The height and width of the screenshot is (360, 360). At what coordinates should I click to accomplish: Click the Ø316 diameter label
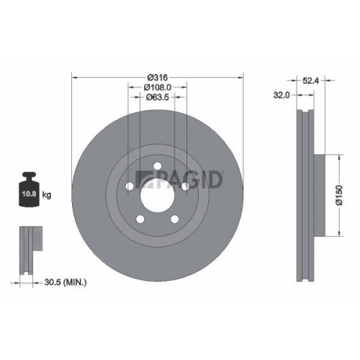coord(158,77)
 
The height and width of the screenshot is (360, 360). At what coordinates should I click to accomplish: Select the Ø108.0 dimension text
coord(158,87)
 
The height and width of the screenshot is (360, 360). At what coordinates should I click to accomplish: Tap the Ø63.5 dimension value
coord(158,97)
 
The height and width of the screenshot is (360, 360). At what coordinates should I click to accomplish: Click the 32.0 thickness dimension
coord(282,94)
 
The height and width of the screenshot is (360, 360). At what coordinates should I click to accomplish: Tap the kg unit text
coord(47,195)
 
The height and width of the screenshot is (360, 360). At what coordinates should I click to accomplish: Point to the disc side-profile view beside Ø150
coord(306,194)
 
